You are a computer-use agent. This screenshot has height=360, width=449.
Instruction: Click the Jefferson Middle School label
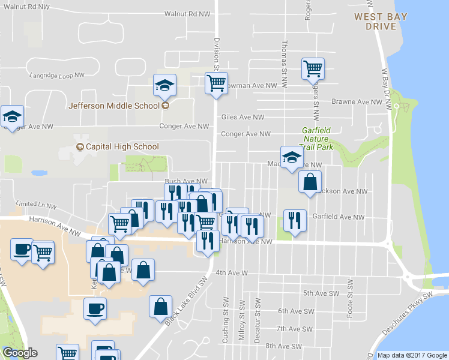114,106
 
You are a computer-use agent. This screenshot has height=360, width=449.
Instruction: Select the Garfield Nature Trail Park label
316,138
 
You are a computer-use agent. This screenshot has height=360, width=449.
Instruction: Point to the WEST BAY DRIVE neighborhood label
375,22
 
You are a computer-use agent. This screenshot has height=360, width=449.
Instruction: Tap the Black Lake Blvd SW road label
187,303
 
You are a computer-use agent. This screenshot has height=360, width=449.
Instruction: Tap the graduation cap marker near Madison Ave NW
292,158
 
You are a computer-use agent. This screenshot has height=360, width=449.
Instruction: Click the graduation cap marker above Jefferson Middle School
164,85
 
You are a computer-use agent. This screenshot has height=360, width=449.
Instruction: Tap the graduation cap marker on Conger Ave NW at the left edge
11,116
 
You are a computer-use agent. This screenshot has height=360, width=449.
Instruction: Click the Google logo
20,353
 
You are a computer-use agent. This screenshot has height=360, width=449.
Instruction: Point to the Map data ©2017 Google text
412,355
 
